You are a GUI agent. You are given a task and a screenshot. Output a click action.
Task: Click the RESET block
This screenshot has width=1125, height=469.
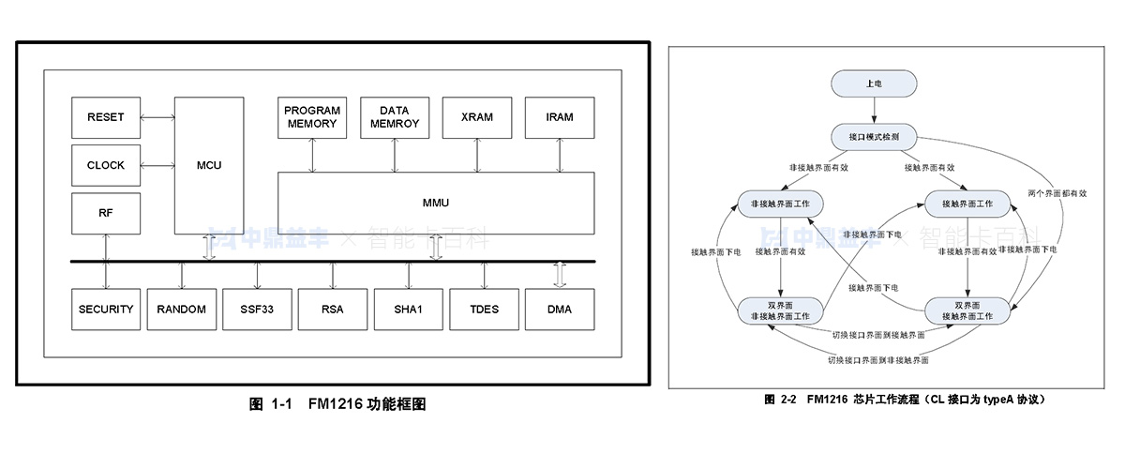(105, 117)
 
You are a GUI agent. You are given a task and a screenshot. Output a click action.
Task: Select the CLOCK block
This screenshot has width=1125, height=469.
(105, 165)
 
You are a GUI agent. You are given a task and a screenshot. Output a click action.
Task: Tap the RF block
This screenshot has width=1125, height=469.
(105, 213)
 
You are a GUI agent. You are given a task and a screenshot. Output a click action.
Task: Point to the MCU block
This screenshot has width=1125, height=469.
(208, 165)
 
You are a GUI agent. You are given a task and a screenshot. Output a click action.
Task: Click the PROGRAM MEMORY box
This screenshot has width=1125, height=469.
(312, 117)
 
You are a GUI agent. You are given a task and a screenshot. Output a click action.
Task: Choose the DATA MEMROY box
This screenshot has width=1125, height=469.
(395, 117)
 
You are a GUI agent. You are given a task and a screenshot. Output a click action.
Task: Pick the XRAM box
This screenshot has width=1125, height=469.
(476, 117)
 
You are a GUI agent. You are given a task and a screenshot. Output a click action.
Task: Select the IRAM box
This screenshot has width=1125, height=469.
(559, 117)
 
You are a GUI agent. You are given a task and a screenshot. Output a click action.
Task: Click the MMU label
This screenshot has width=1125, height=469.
(437, 203)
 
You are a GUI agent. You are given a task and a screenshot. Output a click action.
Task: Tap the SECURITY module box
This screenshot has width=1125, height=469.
(106, 310)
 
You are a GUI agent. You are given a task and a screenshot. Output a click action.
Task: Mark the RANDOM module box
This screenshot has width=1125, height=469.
(181, 310)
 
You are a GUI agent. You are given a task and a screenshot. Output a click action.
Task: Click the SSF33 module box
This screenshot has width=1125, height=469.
(257, 310)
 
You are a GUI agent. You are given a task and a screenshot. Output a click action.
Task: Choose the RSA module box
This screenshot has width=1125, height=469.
(333, 310)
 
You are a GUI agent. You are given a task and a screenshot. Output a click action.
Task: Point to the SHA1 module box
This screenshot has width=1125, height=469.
(408, 310)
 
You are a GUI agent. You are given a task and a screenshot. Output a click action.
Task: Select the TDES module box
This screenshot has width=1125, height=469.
(484, 310)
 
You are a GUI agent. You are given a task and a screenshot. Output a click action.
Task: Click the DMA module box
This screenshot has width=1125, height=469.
(559, 310)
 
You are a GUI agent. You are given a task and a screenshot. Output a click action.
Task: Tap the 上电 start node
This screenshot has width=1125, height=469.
(873, 83)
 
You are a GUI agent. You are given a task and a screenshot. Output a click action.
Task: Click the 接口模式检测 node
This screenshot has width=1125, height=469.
(873, 137)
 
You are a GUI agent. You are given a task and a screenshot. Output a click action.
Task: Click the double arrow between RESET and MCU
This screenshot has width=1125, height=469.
(157, 117)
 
